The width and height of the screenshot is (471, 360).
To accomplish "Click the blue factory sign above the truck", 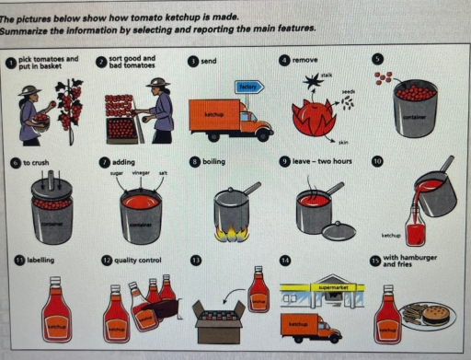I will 247,86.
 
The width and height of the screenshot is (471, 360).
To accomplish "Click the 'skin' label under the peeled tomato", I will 342,142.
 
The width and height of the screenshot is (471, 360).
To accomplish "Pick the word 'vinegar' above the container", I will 141,172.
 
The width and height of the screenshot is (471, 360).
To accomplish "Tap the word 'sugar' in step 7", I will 117,172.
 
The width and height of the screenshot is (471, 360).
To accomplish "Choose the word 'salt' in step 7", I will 163,172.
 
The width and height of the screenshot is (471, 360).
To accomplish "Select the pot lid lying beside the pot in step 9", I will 338,230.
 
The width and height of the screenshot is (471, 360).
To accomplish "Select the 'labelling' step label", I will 40,261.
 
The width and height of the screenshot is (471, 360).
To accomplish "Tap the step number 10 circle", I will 377,160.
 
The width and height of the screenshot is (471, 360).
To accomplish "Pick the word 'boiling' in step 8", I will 213,161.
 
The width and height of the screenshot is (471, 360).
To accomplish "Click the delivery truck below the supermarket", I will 308,327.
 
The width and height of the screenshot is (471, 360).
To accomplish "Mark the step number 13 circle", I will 194,261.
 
